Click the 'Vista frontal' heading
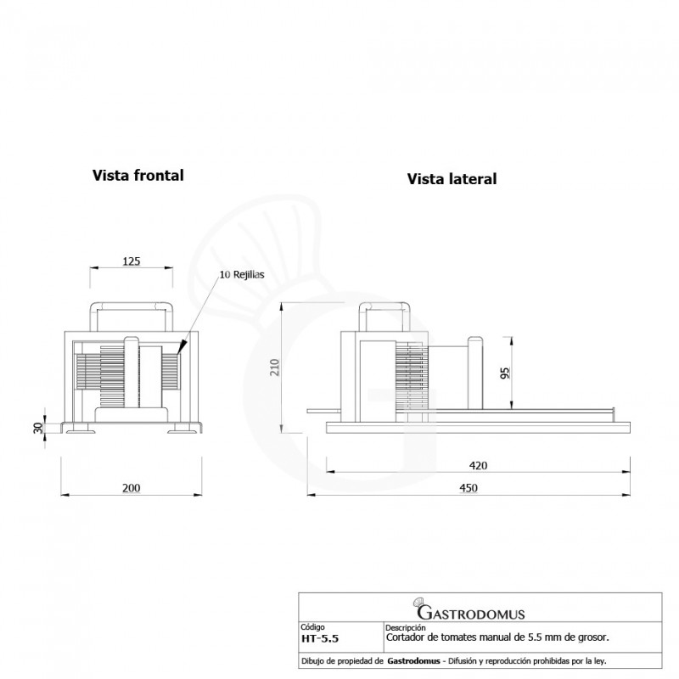pos(137,176)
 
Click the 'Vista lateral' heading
pos(452,179)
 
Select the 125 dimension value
pos(132,261)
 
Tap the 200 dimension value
pos(132,488)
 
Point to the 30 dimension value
pos(38,428)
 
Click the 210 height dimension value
pos(274,368)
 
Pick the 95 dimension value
pos(505,373)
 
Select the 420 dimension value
pos(478,465)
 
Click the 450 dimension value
pos(469,488)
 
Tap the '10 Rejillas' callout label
pos(242,274)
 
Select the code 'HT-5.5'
pos(320,639)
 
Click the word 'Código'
pos(312,627)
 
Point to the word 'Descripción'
pos(406,627)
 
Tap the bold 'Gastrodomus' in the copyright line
pos(413,661)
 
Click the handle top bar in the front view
pos(132,306)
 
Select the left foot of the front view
pos(81,429)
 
